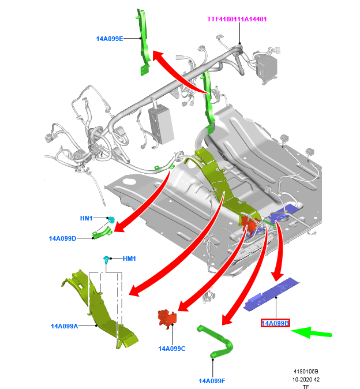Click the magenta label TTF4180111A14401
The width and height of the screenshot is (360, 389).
click(x=237, y=19)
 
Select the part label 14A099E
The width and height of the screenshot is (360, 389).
click(x=110, y=39)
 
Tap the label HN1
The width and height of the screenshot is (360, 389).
click(x=87, y=218)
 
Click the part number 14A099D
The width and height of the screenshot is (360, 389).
click(x=62, y=238)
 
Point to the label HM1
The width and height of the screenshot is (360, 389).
click(x=129, y=259)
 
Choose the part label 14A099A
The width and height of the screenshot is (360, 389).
click(x=65, y=326)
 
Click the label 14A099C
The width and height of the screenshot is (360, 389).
click(x=172, y=349)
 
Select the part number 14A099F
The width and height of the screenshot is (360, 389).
click(x=212, y=381)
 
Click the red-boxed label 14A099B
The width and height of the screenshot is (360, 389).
click(x=275, y=323)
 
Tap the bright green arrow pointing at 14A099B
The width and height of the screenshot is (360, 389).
click(x=312, y=332)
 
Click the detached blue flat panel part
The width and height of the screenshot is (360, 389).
click(x=272, y=294)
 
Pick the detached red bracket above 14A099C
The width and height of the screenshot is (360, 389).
click(x=167, y=319)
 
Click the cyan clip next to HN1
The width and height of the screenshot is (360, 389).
click(x=111, y=219)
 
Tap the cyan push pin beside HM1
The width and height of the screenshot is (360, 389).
click(x=107, y=260)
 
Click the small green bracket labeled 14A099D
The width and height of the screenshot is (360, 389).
click(x=102, y=233)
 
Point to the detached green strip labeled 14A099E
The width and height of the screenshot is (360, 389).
click(x=144, y=42)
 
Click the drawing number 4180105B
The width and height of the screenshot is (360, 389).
click(x=306, y=371)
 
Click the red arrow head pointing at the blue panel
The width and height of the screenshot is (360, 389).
click(x=277, y=276)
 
